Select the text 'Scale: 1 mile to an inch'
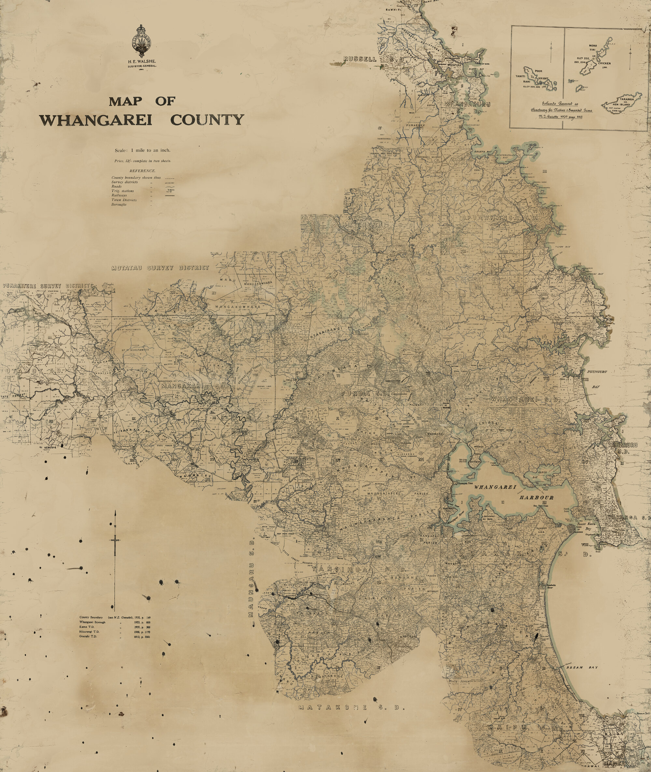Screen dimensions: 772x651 click(x=142, y=150)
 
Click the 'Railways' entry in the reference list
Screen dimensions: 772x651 click(x=119, y=195)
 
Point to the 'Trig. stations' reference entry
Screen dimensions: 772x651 click(x=122, y=191)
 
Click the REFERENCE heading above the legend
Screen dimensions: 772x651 click(x=142, y=171)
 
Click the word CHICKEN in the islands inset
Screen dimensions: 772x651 click(x=604, y=63)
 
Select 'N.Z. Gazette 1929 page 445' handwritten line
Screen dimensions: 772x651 click(x=559, y=116)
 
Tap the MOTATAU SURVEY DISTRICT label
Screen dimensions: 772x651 click(x=160, y=268)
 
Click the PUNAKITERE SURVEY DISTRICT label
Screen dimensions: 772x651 click(x=46, y=286)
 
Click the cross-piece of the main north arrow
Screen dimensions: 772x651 click(x=116, y=540)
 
